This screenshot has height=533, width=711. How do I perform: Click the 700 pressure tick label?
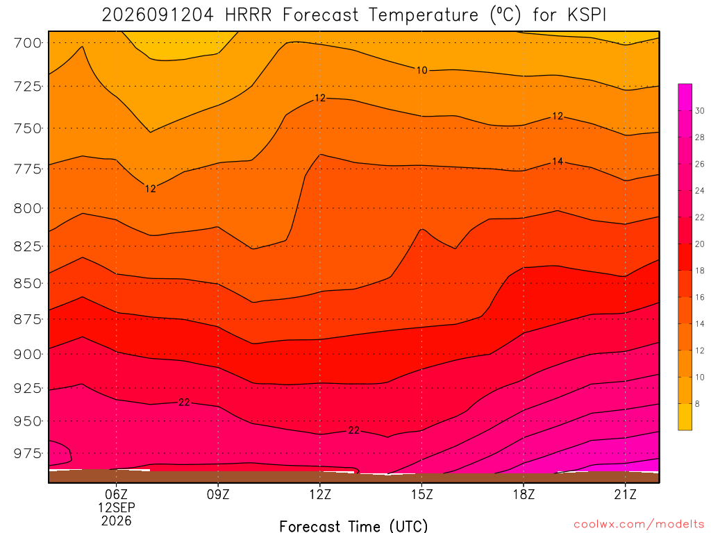[27, 43]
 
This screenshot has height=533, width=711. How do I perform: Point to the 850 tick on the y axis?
[27, 283]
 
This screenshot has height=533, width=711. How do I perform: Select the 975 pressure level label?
[27, 453]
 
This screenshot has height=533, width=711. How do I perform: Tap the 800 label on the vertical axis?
[27, 208]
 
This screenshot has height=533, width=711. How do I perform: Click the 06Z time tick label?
[117, 494]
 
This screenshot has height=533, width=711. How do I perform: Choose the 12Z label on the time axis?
[320, 494]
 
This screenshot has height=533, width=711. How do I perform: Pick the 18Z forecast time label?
[524, 494]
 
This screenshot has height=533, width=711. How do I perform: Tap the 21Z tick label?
[626, 494]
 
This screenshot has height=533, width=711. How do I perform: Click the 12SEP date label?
[117, 507]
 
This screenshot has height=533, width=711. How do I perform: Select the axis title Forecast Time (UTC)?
[353, 526]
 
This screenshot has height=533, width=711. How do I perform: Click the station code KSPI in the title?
[586, 15]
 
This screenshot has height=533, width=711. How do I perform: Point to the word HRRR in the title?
[248, 15]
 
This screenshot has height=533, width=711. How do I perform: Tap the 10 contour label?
[421, 70]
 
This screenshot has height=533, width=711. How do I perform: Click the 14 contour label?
[558, 161]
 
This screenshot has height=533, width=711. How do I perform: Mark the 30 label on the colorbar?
[700, 111]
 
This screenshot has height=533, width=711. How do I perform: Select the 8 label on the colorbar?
[697, 404]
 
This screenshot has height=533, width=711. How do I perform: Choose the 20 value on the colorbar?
[700, 244]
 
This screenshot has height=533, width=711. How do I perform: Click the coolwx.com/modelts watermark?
[639, 525]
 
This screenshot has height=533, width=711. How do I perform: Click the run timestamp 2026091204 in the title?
[158, 15]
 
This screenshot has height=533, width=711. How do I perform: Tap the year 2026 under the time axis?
[117, 521]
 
